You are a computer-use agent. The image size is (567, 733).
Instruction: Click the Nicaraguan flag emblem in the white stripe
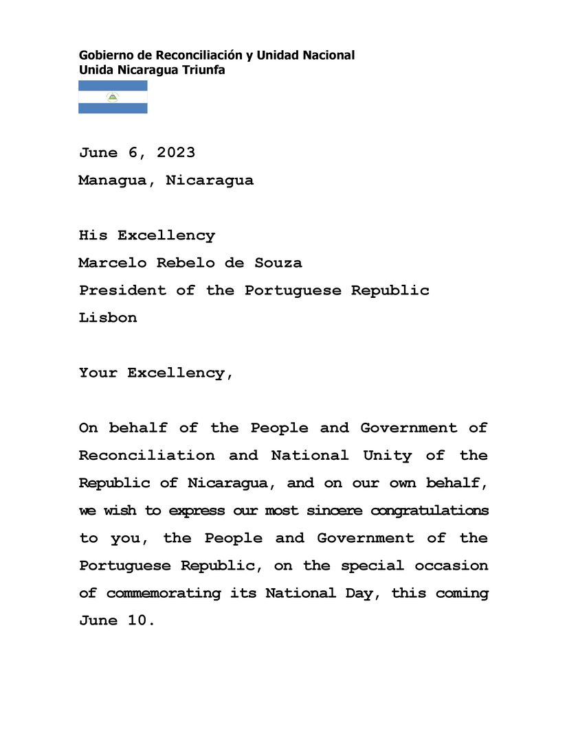coord(113,97)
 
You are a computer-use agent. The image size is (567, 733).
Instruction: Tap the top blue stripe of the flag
coord(113,85)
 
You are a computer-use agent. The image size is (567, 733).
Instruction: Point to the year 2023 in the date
coord(175,152)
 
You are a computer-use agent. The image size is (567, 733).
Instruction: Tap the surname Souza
coord(278,263)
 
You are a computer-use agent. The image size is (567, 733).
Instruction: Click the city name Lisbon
coord(108,318)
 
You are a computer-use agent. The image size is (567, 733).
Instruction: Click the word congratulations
coord(430,511)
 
